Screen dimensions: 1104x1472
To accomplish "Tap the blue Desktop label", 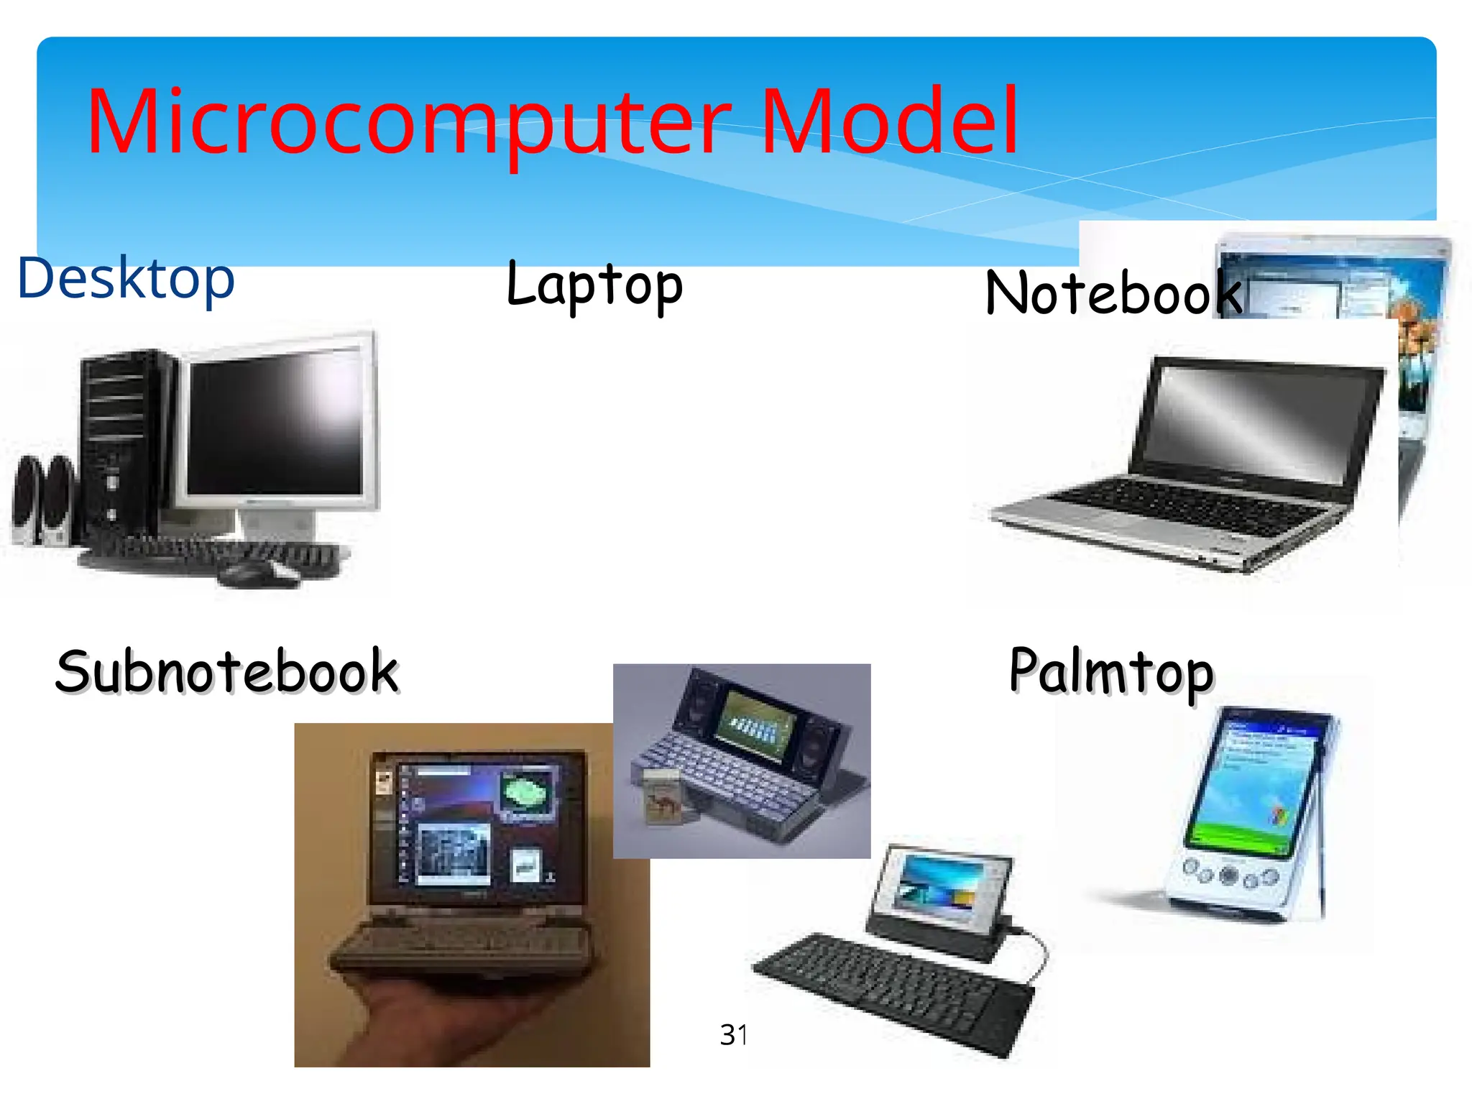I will [126, 278].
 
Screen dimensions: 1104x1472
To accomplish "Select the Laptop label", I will [594, 285].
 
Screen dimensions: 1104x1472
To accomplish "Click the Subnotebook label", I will [227, 671].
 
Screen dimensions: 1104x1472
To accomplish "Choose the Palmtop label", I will [1111, 671].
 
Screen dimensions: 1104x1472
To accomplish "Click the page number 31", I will [734, 1035].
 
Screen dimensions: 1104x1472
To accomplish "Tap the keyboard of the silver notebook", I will [1186, 507].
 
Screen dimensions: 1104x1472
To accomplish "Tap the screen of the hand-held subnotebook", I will [474, 827].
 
